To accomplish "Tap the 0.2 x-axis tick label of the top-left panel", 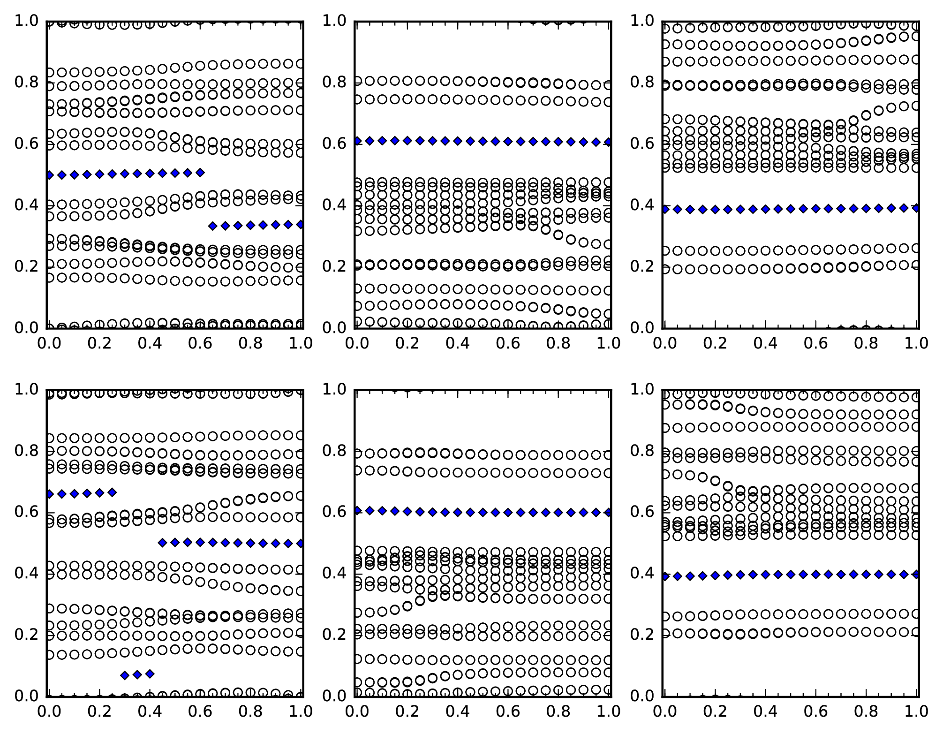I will point(99,343).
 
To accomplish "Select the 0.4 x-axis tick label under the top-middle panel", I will point(457,343).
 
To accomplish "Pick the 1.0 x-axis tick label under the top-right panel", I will point(916,343).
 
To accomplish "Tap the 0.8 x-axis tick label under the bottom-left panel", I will point(250,711).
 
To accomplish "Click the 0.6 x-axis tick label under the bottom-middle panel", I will point(508,711).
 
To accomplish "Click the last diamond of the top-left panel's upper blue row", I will point(200,173).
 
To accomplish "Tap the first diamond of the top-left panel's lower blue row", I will point(213,226).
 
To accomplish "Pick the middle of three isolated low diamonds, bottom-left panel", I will point(137,675).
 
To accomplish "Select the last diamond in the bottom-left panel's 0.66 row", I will point(112,492).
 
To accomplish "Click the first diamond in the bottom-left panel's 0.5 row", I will point(163,543).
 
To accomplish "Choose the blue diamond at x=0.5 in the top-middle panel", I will point(483,141).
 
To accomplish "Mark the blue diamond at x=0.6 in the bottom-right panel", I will point(816,574).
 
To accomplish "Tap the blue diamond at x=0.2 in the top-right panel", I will point(715,210).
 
